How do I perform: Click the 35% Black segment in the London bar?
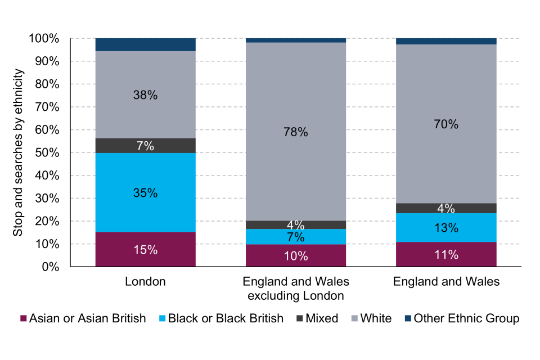(x=145, y=192)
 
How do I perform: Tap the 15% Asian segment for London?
(x=145, y=249)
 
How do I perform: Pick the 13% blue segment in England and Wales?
(x=446, y=227)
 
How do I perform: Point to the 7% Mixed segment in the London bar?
(x=145, y=146)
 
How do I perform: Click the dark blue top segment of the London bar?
(x=145, y=44)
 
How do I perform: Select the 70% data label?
(x=446, y=124)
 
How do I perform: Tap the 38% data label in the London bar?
(x=145, y=95)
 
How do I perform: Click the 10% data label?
(x=295, y=256)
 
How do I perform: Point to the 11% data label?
(x=446, y=254)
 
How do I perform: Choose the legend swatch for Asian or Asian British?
(x=23, y=318)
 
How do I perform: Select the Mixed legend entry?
(x=317, y=318)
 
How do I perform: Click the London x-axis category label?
(x=145, y=282)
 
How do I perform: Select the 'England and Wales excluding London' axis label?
(x=295, y=289)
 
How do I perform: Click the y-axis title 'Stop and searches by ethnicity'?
(x=19, y=153)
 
